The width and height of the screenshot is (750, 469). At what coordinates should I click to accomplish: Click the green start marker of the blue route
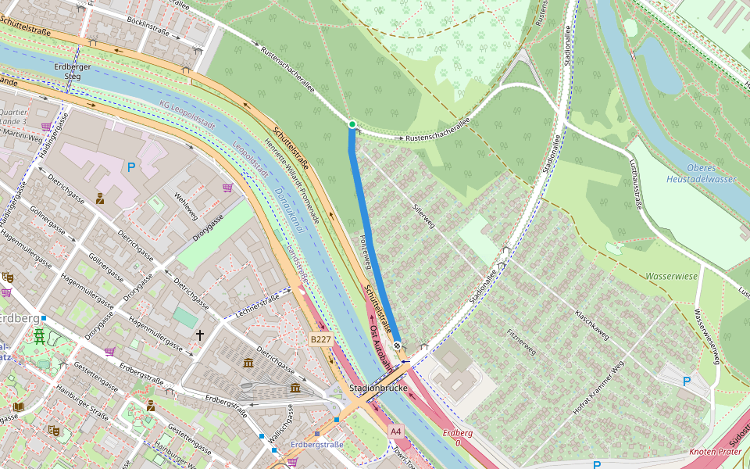click(x=352, y=124)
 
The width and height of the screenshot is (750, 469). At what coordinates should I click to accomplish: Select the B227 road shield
click(x=320, y=339)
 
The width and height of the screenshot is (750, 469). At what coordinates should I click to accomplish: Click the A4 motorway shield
click(x=396, y=431)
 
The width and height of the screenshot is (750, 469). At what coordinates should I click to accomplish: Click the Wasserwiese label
click(x=671, y=276)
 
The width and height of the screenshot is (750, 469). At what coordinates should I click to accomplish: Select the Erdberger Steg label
click(x=67, y=72)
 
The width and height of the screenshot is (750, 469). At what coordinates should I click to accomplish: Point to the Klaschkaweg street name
click(x=591, y=323)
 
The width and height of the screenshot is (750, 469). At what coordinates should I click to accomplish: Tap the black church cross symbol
click(x=200, y=335)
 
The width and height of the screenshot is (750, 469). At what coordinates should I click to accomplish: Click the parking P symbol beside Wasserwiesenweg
click(x=687, y=381)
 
